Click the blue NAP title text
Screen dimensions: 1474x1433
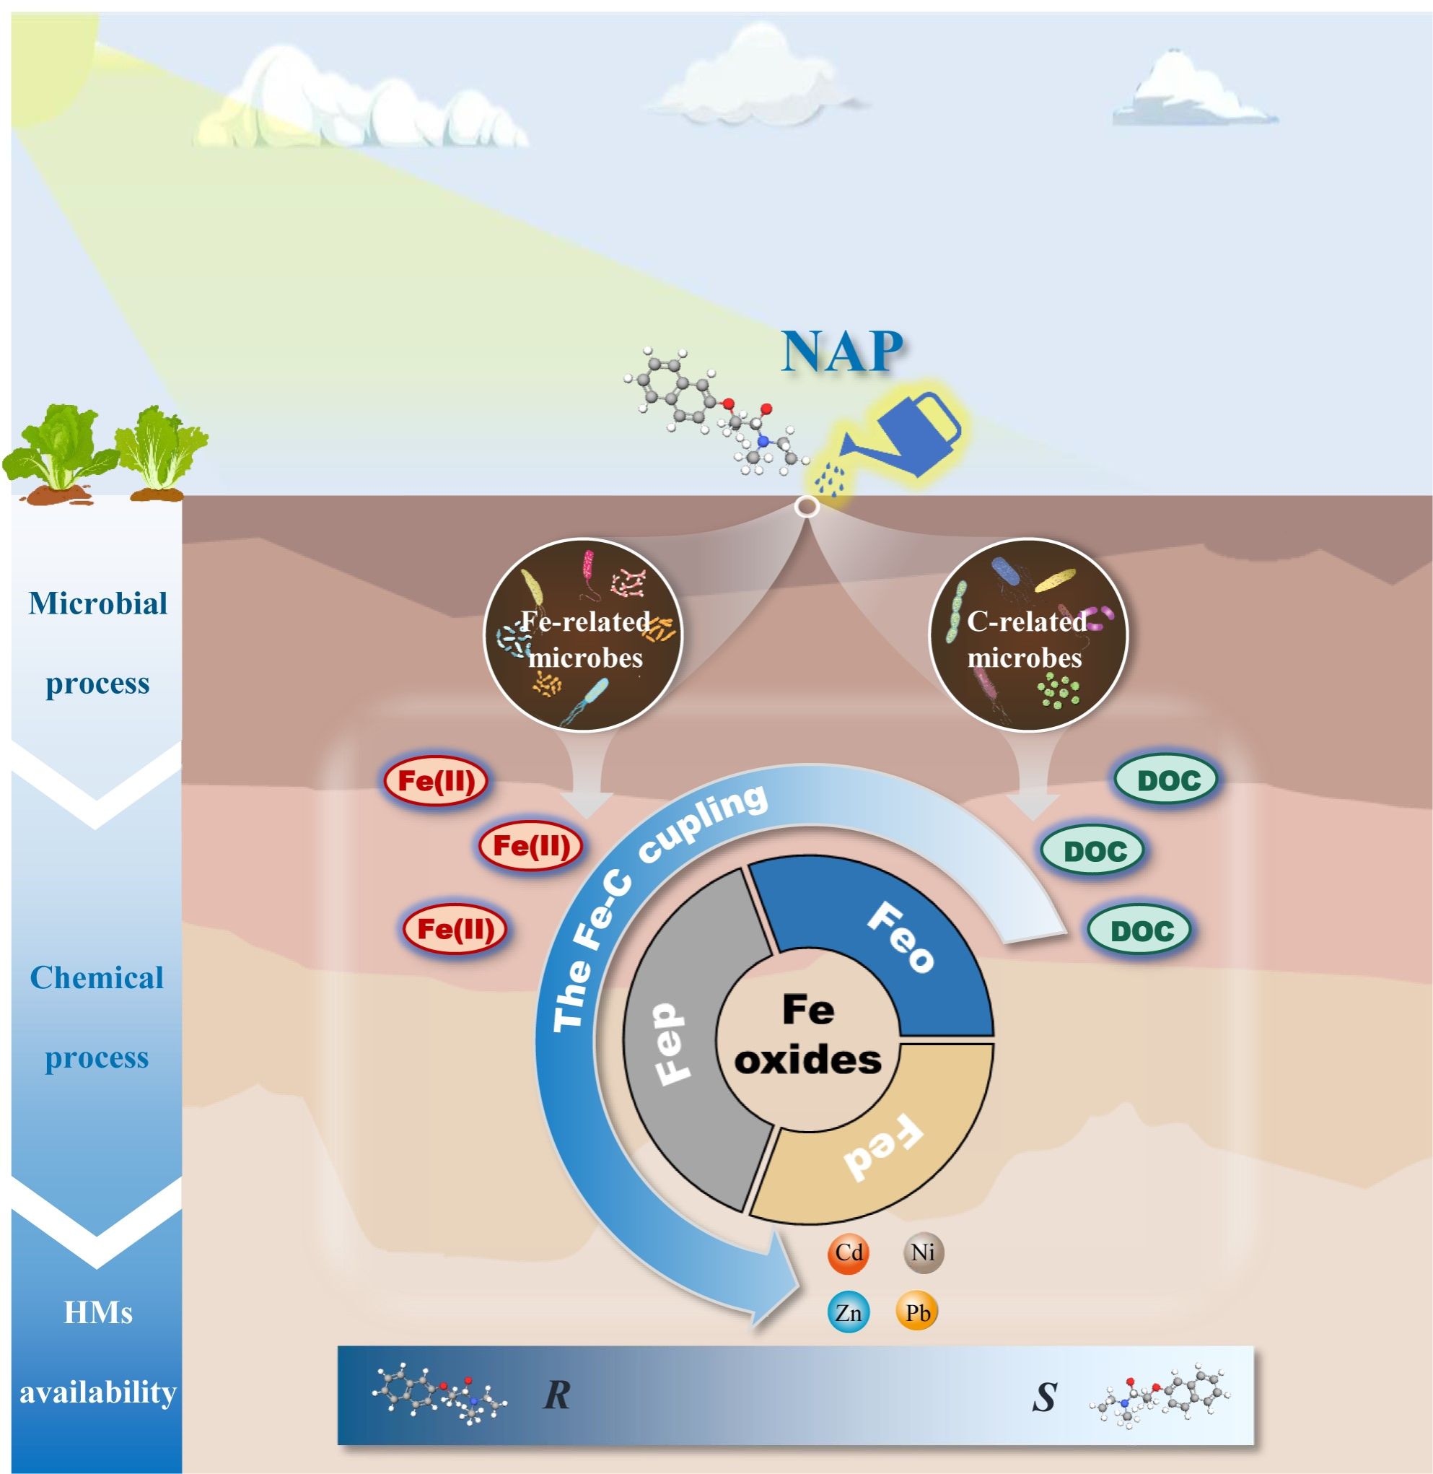(x=842, y=351)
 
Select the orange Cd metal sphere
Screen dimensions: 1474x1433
(x=849, y=1252)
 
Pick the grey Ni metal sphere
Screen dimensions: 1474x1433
(x=923, y=1252)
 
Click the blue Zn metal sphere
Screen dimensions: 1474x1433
(x=849, y=1313)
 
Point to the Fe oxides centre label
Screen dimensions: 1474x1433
(x=807, y=1034)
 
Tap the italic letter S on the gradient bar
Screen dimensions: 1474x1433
(x=1045, y=1397)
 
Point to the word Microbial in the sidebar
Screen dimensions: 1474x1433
(x=98, y=603)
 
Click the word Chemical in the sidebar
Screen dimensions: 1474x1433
(x=97, y=978)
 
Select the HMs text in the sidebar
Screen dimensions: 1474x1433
(x=98, y=1313)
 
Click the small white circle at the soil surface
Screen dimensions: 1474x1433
(x=806, y=507)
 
